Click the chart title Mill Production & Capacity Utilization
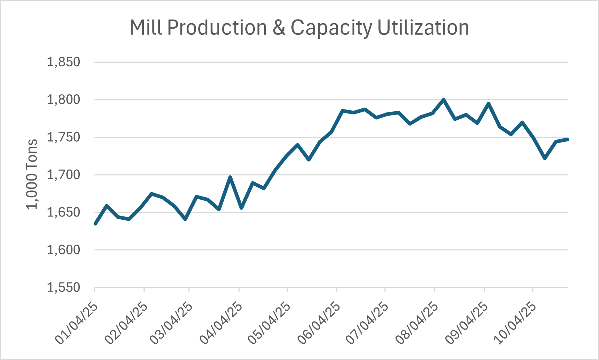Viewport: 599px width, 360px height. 299,28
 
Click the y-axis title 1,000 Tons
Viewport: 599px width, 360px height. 32,174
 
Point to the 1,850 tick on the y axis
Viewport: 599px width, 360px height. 63,62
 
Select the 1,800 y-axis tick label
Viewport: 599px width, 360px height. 63,100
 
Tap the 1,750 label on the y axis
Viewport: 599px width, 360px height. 63,137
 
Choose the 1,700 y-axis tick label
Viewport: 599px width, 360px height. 63,175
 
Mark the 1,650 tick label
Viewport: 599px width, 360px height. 63,212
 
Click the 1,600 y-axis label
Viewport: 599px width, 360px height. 63,250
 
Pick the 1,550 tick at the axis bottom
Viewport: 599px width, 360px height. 63,287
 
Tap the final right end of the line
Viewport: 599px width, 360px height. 567,139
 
